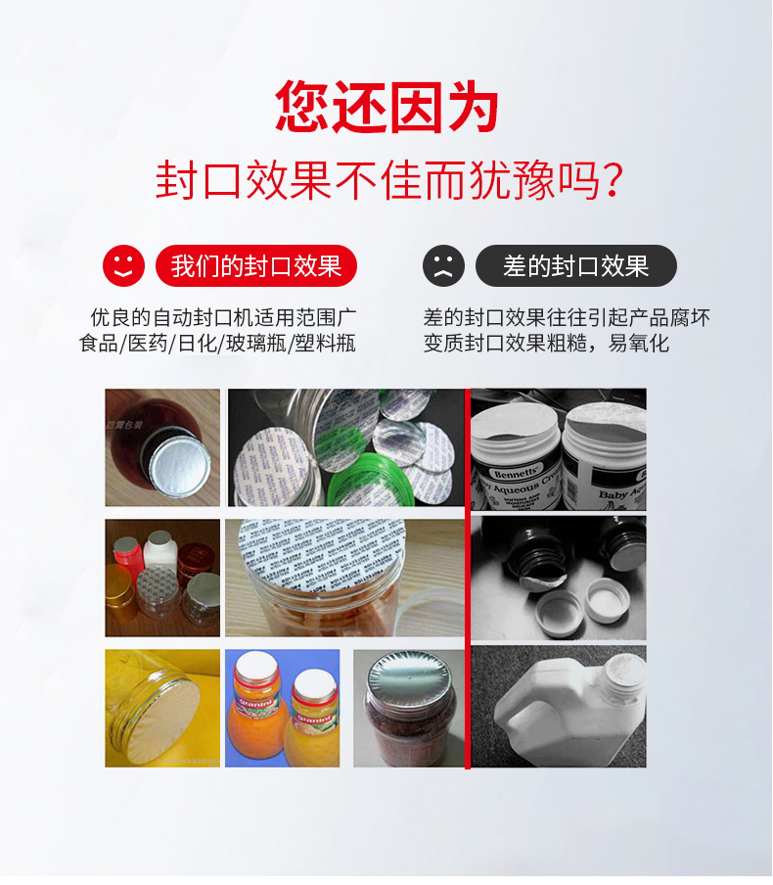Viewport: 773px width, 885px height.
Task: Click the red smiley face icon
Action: [x=123, y=265]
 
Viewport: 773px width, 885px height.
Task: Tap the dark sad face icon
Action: [x=443, y=265]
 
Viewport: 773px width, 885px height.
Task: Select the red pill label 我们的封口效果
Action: [x=255, y=265]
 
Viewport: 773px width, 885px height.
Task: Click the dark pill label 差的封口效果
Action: [x=575, y=265]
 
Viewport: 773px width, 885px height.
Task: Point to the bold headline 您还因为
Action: [x=386, y=107]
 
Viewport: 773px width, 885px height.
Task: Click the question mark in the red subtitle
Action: [x=612, y=181]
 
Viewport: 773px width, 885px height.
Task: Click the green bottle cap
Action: [x=367, y=481]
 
